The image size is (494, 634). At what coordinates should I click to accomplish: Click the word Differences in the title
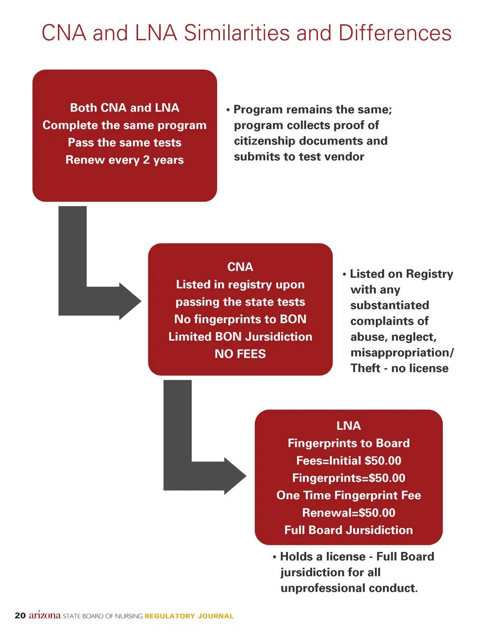(395, 33)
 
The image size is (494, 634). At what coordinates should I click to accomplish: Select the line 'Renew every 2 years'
(124, 160)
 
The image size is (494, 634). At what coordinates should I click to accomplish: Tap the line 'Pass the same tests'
(124, 142)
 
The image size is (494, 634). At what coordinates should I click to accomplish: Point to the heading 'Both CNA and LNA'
(124, 108)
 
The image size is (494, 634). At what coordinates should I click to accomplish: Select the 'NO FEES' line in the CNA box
(240, 354)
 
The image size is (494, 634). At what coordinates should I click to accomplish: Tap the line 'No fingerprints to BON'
(240, 319)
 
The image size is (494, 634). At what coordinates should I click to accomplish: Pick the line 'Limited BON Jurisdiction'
(240, 336)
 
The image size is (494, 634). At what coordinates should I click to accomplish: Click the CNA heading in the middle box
(240, 267)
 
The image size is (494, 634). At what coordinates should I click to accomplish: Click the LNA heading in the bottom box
(348, 426)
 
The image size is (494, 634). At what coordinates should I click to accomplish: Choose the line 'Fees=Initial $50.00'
(348, 460)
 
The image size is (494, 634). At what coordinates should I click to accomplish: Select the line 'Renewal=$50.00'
(348, 512)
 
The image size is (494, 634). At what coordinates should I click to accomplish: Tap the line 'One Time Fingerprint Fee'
(348, 495)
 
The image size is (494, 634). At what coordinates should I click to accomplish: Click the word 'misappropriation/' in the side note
(402, 352)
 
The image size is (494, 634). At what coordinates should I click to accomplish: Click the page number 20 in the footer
(20, 616)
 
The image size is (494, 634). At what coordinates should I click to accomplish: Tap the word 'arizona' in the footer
(44, 615)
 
